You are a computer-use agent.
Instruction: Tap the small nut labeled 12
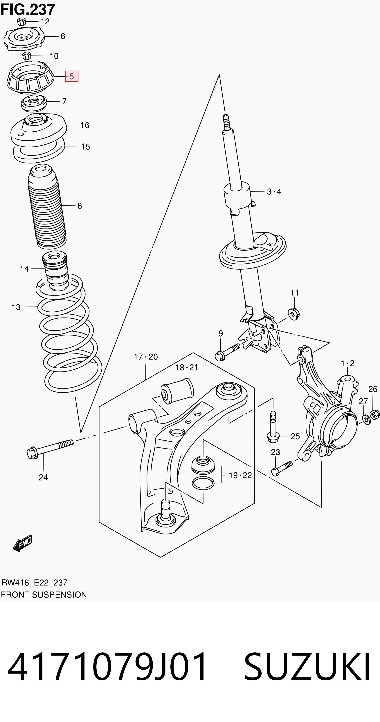click(22, 21)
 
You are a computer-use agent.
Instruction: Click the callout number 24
click(43, 477)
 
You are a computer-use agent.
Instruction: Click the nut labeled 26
click(375, 414)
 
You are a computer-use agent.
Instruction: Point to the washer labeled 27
click(366, 419)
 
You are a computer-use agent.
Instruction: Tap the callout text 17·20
click(146, 357)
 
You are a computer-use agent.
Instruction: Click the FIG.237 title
click(28, 10)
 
